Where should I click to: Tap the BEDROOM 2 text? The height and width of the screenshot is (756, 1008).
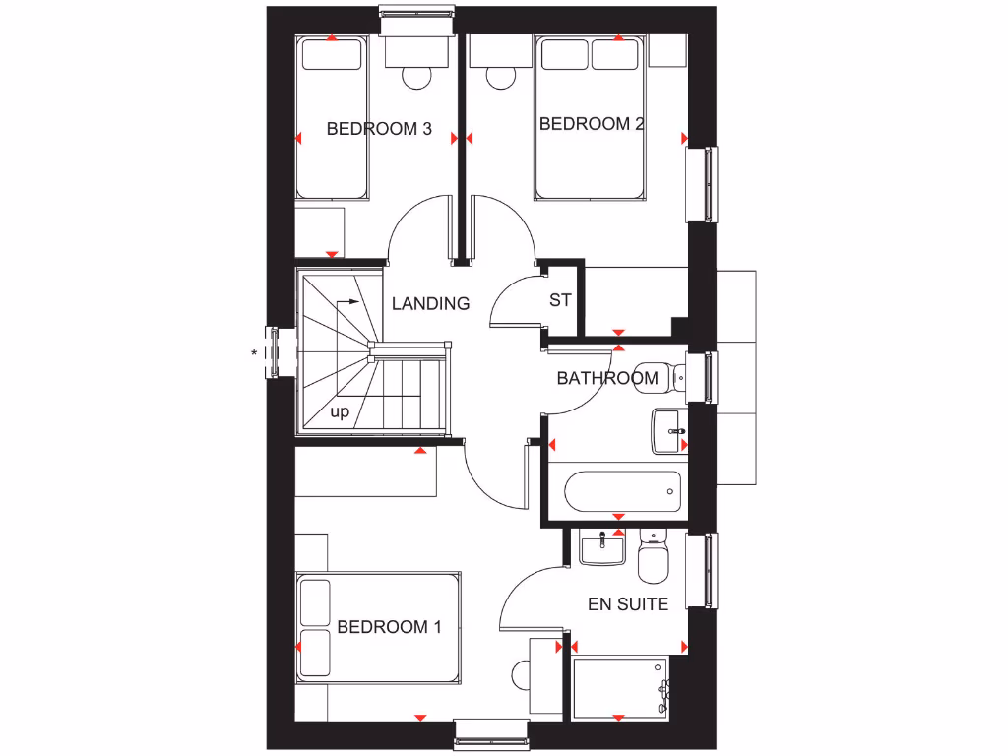pyautogui.click(x=592, y=124)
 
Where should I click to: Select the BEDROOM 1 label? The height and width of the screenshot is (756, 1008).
pyautogui.click(x=389, y=627)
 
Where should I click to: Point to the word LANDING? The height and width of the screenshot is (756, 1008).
pyautogui.click(x=430, y=303)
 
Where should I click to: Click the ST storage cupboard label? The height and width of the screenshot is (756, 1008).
pyautogui.click(x=560, y=300)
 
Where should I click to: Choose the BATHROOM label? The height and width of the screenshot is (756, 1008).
pyautogui.click(x=607, y=378)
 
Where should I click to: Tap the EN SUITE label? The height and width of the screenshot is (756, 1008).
pyautogui.click(x=628, y=603)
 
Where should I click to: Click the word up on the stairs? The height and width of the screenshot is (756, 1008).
pyautogui.click(x=340, y=412)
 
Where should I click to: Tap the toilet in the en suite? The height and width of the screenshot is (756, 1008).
pyautogui.click(x=653, y=558)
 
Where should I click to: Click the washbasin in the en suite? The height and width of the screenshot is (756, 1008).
pyautogui.click(x=601, y=547)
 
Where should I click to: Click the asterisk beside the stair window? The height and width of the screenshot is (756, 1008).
pyautogui.click(x=255, y=351)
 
